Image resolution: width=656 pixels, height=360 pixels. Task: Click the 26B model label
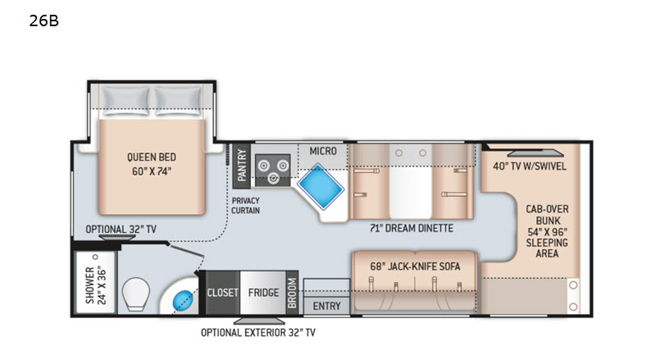coord(44,21)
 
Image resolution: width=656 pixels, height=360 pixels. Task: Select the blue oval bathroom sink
coord(182,299)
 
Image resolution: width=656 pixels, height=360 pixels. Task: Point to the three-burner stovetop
coord(273,170)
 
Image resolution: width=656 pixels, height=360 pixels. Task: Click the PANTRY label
coord(241,166)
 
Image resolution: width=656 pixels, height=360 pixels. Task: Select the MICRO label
coord(323,151)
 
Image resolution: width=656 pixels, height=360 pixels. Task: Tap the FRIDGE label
coord(263,293)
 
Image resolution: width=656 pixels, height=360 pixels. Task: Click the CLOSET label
coord(222,293)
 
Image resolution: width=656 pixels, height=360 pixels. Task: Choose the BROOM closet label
coord(292,293)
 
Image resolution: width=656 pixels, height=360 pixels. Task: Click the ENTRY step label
coord(326,307)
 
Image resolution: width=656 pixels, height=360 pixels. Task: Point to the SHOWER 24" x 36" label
coord(96,285)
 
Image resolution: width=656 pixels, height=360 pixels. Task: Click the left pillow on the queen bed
coord(126,101)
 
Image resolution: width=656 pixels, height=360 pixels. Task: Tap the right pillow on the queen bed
coord(178,101)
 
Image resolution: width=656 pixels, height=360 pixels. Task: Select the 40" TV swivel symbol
coord(535,153)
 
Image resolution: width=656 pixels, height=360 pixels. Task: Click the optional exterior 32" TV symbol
coord(259,321)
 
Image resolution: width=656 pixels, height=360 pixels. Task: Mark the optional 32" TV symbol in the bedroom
coord(117,238)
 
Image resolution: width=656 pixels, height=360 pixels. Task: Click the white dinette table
coord(411,182)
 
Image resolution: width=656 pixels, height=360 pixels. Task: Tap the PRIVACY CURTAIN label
coord(245,206)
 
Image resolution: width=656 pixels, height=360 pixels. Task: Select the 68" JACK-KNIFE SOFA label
coord(415,267)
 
